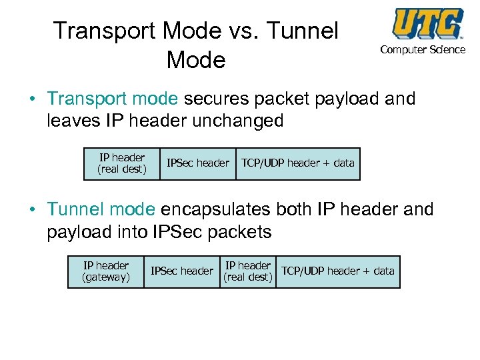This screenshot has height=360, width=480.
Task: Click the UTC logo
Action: (x=427, y=25)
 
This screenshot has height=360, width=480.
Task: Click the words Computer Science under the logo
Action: (x=423, y=50)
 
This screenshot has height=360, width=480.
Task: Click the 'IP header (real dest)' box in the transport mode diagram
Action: (x=122, y=164)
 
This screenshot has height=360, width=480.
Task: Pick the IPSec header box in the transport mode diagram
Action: (x=198, y=163)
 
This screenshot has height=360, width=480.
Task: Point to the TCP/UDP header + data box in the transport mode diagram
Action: (x=298, y=163)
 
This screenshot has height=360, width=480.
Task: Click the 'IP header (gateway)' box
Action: (x=106, y=271)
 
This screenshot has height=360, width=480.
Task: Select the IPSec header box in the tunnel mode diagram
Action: (x=182, y=271)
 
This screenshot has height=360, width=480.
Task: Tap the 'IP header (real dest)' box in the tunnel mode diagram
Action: (x=248, y=271)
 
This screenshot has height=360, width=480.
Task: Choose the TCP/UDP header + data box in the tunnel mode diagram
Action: (x=338, y=271)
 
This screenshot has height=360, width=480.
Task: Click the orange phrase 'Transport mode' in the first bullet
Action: (x=113, y=99)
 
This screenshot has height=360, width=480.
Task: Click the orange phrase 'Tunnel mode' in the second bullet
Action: (x=101, y=209)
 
